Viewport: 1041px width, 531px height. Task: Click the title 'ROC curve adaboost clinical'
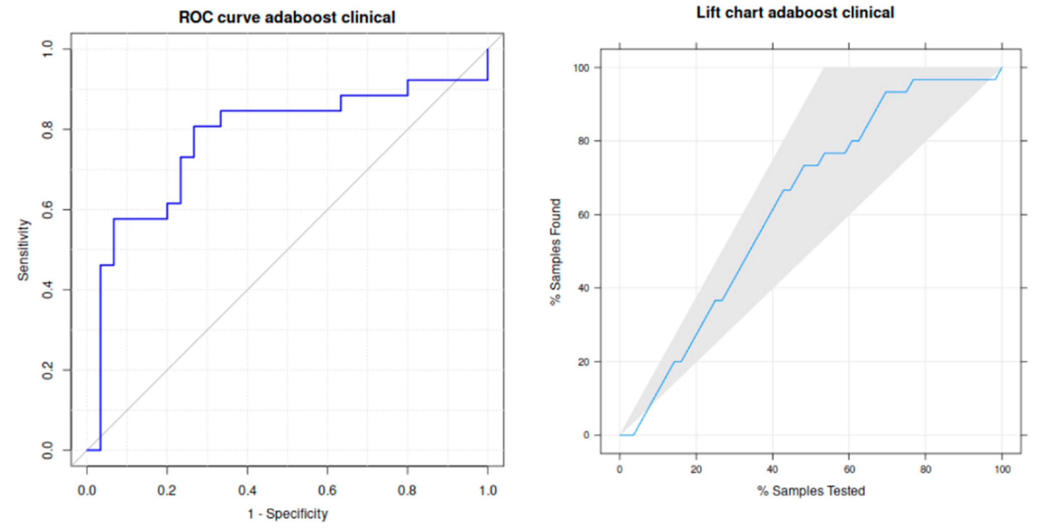pyautogui.click(x=287, y=17)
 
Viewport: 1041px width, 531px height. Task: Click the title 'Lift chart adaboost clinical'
pyautogui.click(x=794, y=13)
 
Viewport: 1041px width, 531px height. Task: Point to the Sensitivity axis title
pyautogui.click(x=24, y=250)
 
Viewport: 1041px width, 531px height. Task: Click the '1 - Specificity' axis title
pyautogui.click(x=287, y=514)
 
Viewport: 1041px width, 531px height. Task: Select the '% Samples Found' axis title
pyautogui.click(x=556, y=252)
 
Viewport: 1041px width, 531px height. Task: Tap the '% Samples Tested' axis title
pyautogui.click(x=811, y=491)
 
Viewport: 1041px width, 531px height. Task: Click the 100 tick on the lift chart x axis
pyautogui.click(x=1002, y=470)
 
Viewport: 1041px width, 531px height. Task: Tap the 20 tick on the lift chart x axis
pyautogui.click(x=696, y=470)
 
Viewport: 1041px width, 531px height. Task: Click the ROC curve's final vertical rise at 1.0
pyautogui.click(x=488, y=65)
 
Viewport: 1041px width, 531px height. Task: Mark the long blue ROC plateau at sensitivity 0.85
pyautogui.click(x=281, y=110)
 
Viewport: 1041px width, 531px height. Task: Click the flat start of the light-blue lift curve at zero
pyautogui.click(x=626, y=435)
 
